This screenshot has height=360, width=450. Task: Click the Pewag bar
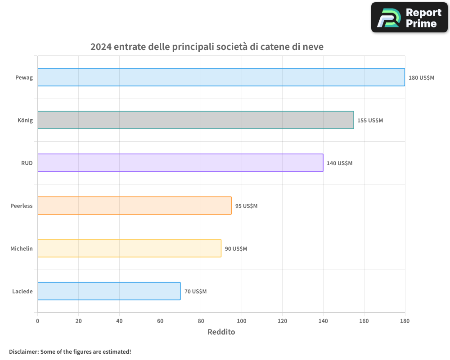(x=221, y=77)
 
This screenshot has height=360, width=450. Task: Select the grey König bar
(x=195, y=120)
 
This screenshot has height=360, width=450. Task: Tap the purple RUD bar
(x=180, y=163)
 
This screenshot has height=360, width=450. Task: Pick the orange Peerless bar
(x=134, y=206)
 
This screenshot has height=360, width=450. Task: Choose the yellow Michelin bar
(x=129, y=248)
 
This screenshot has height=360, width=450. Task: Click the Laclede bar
(x=108, y=291)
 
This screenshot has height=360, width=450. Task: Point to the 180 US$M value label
(x=421, y=78)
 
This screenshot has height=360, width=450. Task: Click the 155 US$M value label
(x=370, y=121)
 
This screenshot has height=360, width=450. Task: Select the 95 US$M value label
(x=246, y=206)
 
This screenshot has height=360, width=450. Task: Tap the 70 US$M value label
(x=195, y=292)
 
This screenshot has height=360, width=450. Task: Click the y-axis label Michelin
(x=22, y=248)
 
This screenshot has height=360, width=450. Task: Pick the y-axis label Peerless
(x=22, y=206)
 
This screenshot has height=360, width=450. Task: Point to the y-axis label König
(x=25, y=120)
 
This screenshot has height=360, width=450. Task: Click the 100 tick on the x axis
(x=242, y=321)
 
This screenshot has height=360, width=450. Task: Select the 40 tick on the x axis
(x=119, y=321)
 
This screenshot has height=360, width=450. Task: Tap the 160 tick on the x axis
(x=364, y=321)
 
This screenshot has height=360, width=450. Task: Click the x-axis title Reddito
(x=221, y=332)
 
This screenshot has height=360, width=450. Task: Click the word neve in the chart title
(x=312, y=47)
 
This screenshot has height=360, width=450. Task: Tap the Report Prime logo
(x=409, y=18)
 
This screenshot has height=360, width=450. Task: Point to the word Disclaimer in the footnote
(x=23, y=351)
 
